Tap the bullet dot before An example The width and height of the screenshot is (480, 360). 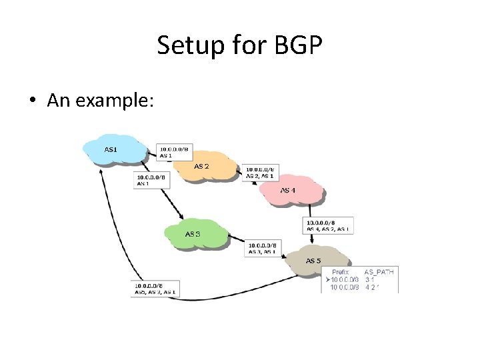point(32,101)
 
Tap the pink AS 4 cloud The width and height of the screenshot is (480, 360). point(291,191)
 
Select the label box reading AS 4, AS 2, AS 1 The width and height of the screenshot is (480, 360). point(329,225)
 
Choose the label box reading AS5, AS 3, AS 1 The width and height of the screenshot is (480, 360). point(155,288)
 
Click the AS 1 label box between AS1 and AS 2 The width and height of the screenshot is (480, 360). point(174,152)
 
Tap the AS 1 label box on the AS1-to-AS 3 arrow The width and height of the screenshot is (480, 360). point(152,180)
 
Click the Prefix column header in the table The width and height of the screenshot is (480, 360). point(341,272)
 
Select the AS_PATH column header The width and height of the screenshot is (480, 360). point(379,272)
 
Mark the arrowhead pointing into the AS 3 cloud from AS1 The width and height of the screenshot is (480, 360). point(181,215)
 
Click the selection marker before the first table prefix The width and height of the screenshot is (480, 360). point(327,280)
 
